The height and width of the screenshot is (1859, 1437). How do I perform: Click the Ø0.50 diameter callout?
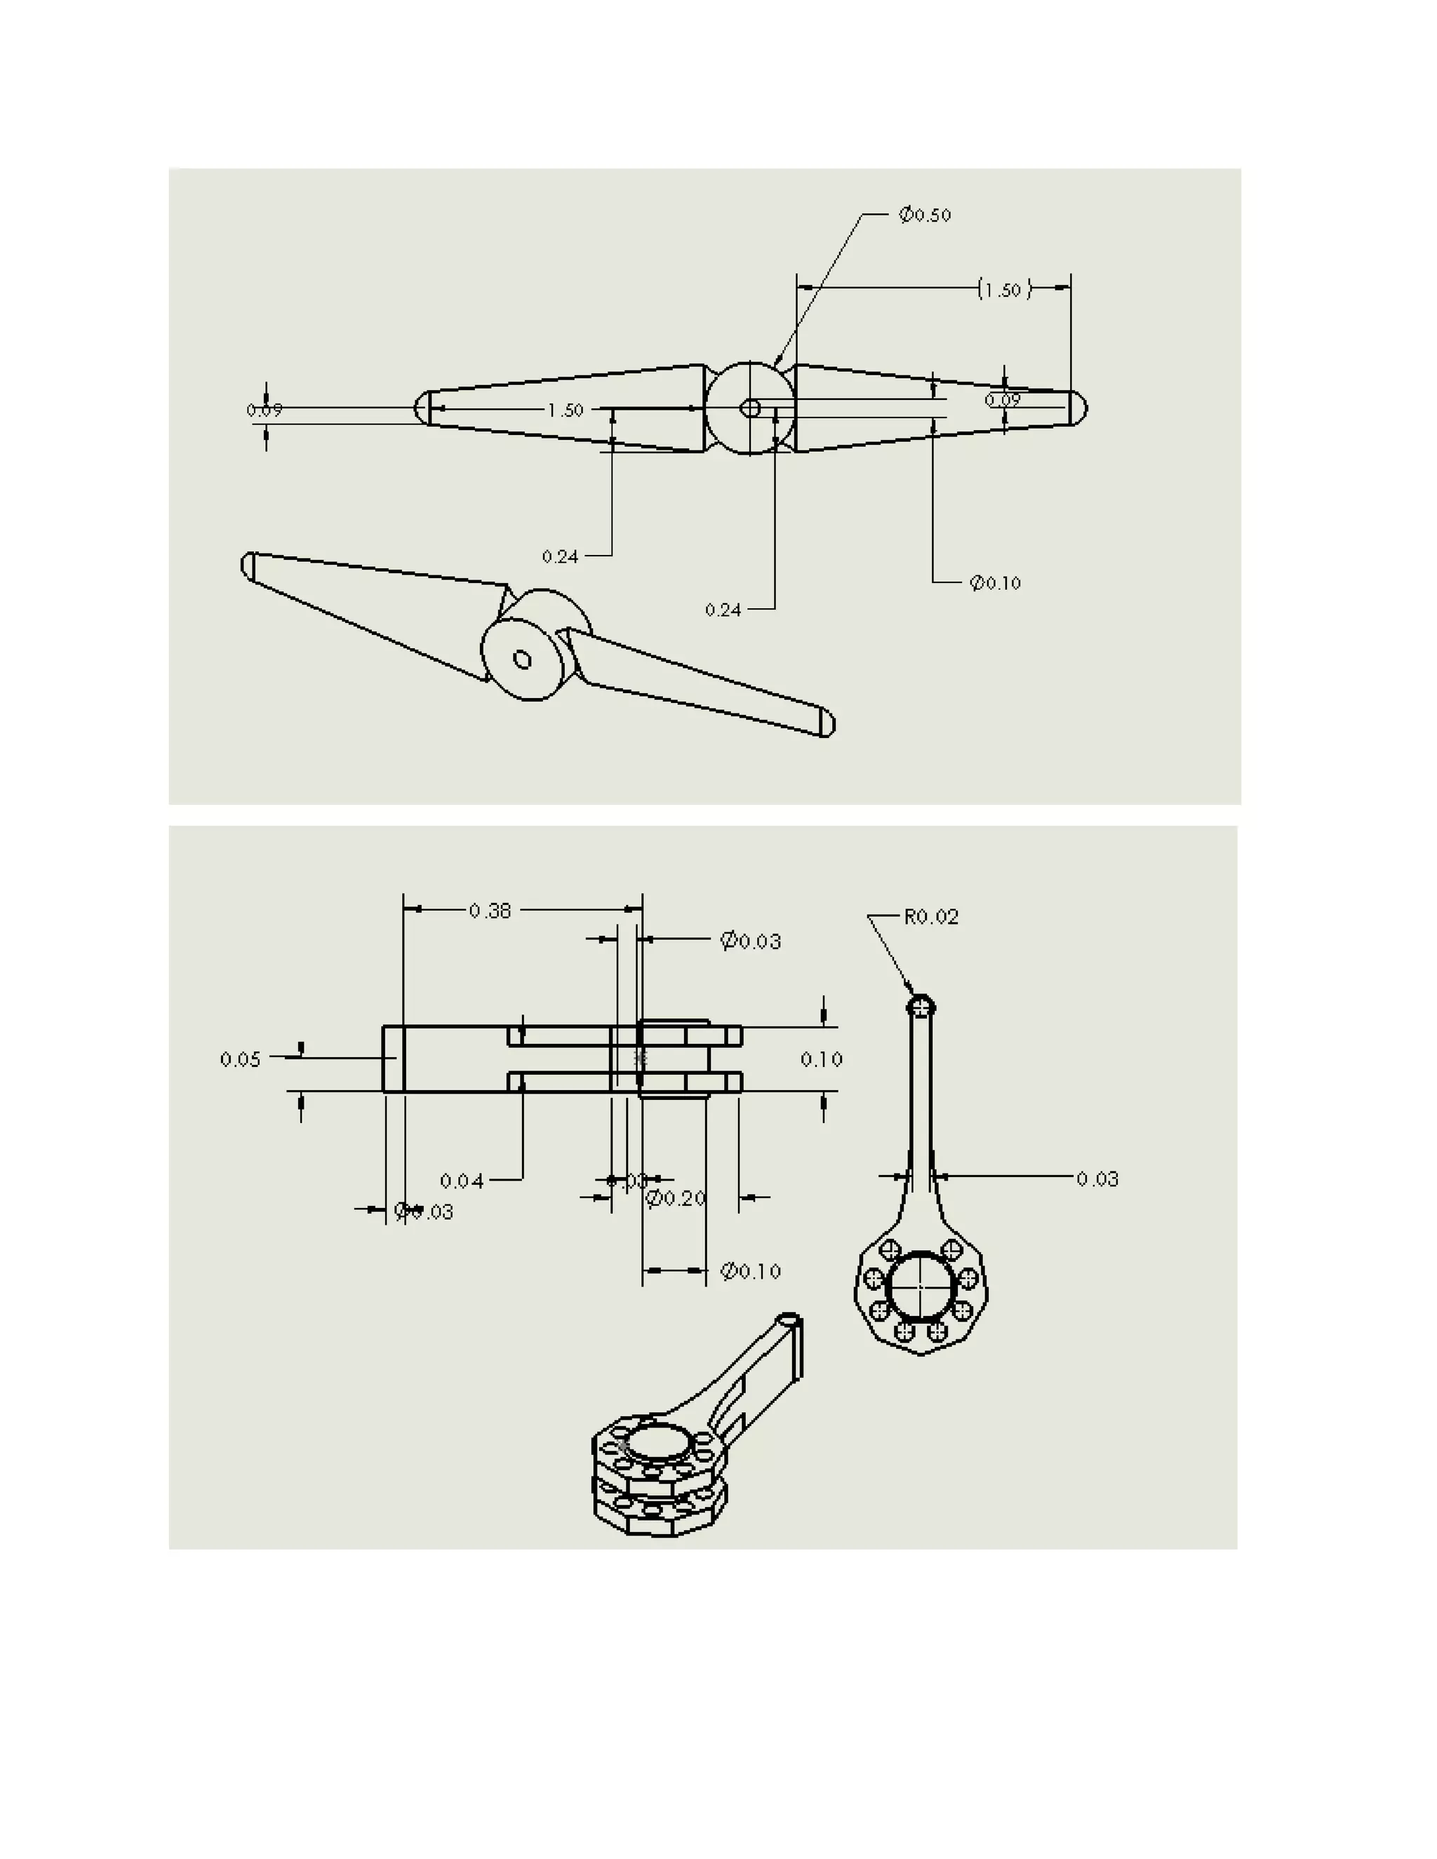click(925, 215)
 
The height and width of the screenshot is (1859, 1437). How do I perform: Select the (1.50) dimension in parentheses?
click(1003, 290)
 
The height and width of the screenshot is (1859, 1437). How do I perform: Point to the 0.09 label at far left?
click(264, 410)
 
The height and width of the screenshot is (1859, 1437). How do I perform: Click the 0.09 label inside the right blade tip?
click(1002, 399)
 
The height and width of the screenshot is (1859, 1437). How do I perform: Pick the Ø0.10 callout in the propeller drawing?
click(994, 583)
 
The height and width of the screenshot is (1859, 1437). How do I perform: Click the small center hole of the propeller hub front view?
click(750, 408)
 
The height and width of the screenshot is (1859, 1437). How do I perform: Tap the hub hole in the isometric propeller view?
click(522, 659)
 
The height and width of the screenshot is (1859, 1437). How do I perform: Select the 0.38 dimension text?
click(490, 911)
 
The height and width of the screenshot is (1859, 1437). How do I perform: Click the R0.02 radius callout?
click(930, 917)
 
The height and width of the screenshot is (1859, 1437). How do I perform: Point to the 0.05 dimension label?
click(240, 1060)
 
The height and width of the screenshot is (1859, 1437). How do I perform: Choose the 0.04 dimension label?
click(462, 1181)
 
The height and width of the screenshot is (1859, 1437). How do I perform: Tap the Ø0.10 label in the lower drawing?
click(750, 1272)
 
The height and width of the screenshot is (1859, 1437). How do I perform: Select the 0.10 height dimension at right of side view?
click(822, 1060)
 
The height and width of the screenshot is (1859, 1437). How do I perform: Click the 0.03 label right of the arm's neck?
click(1097, 1179)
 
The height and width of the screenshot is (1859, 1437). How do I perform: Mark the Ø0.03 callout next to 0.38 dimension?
click(750, 941)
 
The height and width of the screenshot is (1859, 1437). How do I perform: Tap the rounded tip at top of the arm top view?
click(921, 1005)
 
